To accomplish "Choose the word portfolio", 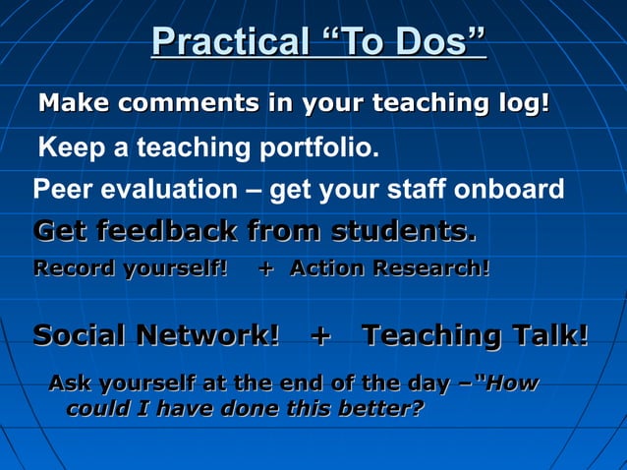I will coord(319,149).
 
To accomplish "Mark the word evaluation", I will coord(167,189).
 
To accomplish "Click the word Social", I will coord(80,335).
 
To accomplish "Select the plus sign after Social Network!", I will coord(319,335).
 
